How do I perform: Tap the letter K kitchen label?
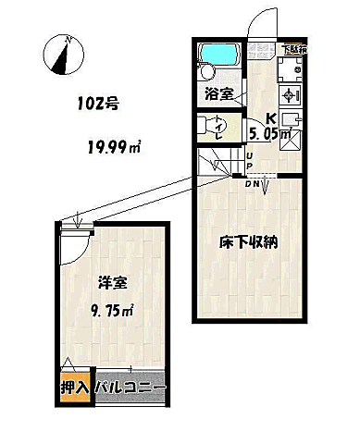(271, 117)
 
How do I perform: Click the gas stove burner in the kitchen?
(290, 95)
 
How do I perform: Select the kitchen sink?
(290, 120)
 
